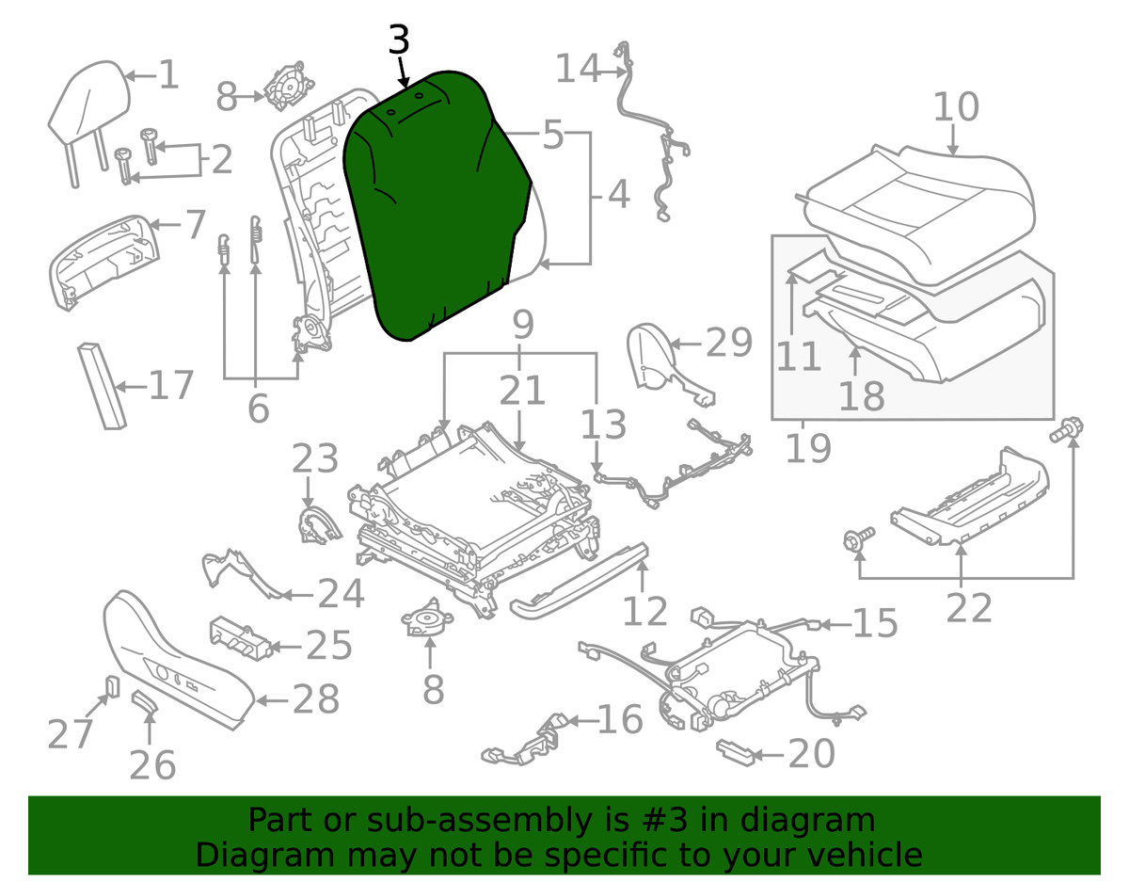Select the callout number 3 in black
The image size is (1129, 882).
(x=399, y=40)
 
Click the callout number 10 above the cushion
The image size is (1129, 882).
(x=956, y=107)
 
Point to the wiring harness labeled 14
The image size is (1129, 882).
(x=659, y=141)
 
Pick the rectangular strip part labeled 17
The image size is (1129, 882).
(x=102, y=385)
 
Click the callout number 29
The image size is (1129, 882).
(x=729, y=343)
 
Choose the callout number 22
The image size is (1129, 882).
(x=969, y=608)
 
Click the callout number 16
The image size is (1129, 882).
(x=620, y=720)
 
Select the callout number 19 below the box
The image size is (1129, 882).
(x=808, y=447)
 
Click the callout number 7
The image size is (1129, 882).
(x=193, y=225)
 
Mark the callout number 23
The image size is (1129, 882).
(x=314, y=459)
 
